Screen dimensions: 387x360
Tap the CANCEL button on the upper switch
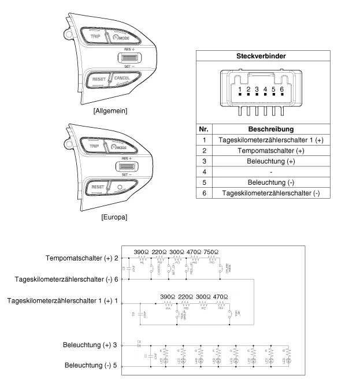[122, 78]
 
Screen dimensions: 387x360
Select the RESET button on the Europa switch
[97, 187]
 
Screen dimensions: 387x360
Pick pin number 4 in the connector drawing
[265, 90]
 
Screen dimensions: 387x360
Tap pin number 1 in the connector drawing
[239, 90]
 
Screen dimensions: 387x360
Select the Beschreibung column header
[271, 129]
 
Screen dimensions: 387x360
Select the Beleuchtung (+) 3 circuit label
[90, 345]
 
